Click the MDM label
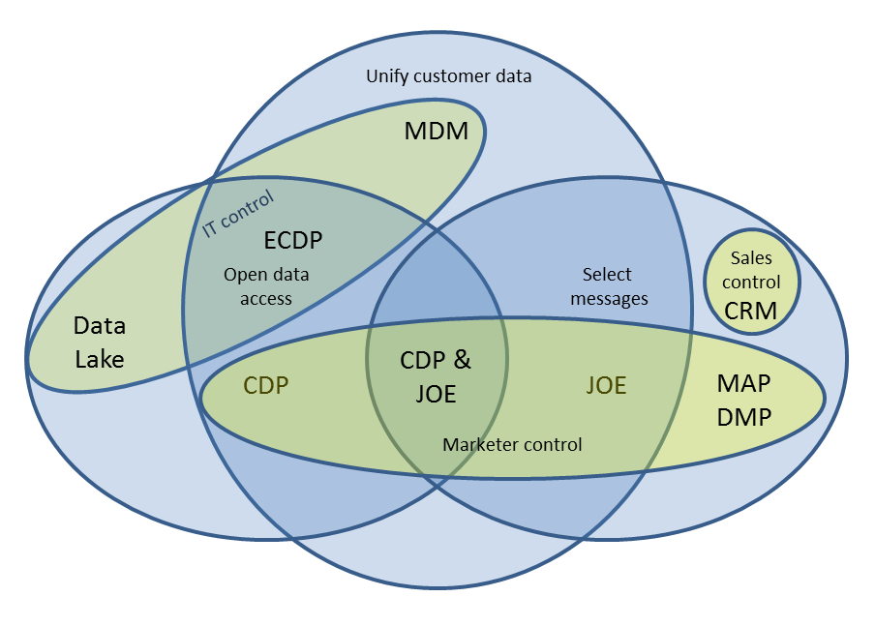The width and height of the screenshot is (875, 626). pyautogui.click(x=436, y=131)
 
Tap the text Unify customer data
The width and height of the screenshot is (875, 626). pyautogui.click(x=448, y=75)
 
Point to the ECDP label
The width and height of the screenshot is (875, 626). pyautogui.click(x=293, y=240)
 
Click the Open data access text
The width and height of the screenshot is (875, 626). pyautogui.click(x=265, y=286)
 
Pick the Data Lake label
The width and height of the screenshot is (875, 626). pyautogui.click(x=100, y=343)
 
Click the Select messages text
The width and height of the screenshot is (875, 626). pyautogui.click(x=609, y=286)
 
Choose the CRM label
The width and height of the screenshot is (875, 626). pyautogui.click(x=752, y=310)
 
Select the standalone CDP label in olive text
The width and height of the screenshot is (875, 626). pyautogui.click(x=266, y=386)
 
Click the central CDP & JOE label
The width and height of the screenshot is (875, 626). pyautogui.click(x=436, y=376)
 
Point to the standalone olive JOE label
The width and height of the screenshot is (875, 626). pyautogui.click(x=606, y=386)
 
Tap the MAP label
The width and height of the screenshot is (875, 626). pyautogui.click(x=743, y=383)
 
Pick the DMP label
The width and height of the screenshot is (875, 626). pyautogui.click(x=743, y=417)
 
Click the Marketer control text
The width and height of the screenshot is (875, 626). pyautogui.click(x=512, y=445)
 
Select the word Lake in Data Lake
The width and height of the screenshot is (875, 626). pyautogui.click(x=100, y=359)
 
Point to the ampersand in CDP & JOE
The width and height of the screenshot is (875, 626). pyautogui.click(x=463, y=361)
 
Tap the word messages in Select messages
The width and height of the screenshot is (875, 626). pyautogui.click(x=609, y=299)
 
